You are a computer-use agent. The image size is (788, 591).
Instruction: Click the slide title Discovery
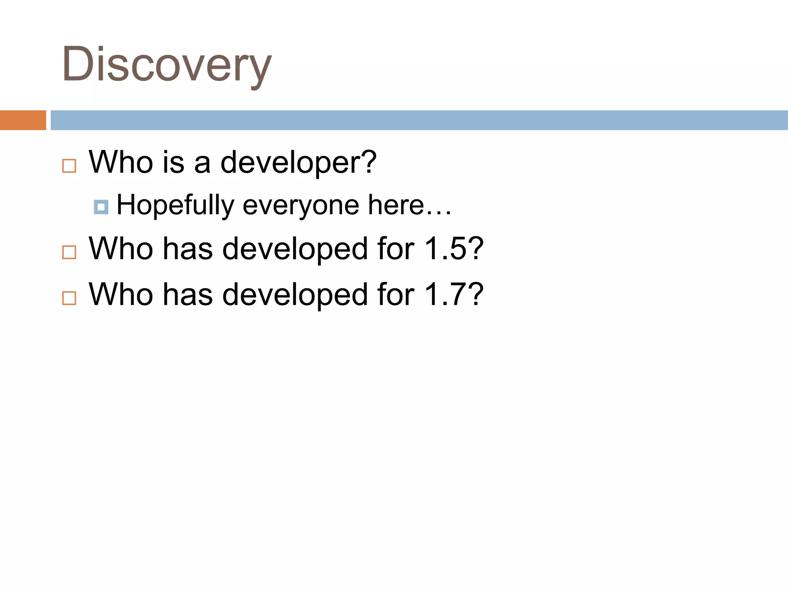[166, 64]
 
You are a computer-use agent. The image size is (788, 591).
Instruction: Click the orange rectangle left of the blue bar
[23, 120]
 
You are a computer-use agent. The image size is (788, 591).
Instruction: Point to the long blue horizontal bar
[419, 120]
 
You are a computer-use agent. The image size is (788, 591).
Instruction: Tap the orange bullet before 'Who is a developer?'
[69, 166]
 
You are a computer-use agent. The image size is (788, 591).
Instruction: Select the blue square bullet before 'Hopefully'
[101, 207]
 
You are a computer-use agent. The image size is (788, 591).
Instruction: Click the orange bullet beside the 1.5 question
[69, 252]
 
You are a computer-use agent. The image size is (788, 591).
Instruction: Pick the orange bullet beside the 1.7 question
[69, 298]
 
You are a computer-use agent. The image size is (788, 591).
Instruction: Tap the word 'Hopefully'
[175, 205]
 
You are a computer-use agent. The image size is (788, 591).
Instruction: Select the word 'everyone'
[301, 205]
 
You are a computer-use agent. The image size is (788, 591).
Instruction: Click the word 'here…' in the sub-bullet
[409, 205]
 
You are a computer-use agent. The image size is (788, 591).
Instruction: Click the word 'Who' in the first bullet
[121, 162]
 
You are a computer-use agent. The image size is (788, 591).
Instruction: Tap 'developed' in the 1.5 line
[295, 249]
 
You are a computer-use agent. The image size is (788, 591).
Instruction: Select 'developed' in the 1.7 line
[295, 295]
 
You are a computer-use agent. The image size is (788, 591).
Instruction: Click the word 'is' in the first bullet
[173, 162]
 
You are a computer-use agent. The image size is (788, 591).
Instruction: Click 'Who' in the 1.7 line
[121, 295]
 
